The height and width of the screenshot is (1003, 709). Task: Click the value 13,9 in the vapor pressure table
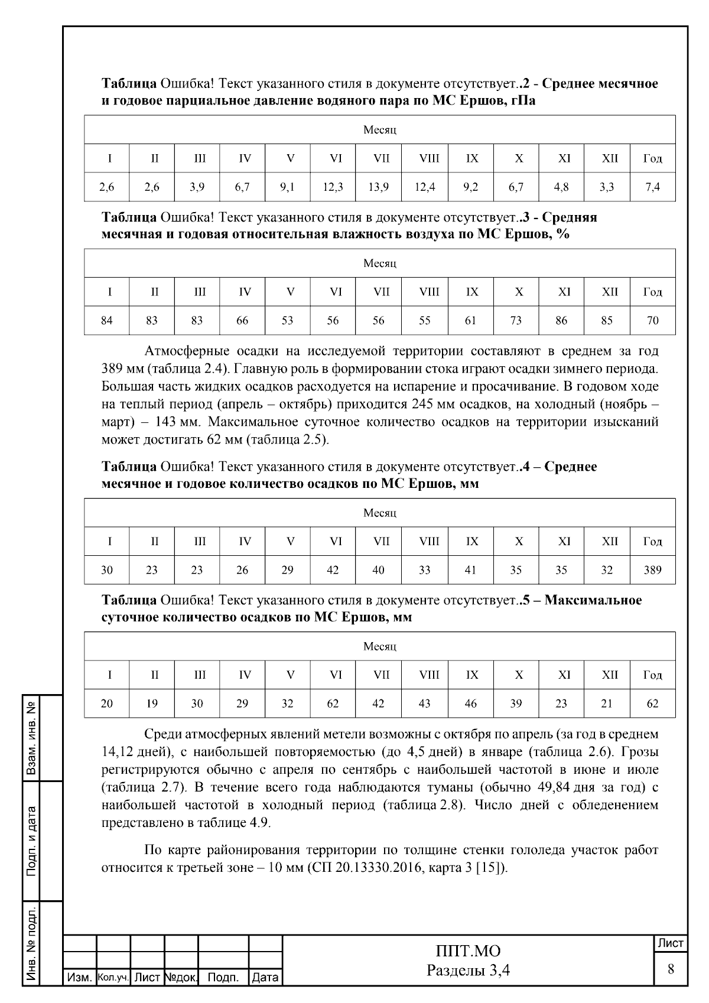[378, 187]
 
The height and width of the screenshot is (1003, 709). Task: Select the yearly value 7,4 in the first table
[652, 187]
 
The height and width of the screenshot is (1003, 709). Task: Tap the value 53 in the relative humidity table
[287, 321]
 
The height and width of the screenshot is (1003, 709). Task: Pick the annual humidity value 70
[652, 321]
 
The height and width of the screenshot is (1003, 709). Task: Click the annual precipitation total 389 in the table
[652, 570]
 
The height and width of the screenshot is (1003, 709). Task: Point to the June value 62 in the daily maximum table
[333, 704]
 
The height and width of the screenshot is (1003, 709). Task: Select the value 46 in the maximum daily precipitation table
[471, 704]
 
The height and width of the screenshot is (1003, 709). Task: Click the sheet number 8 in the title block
[671, 969]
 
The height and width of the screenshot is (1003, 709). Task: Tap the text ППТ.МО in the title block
[468, 951]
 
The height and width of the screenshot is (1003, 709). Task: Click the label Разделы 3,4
[468, 970]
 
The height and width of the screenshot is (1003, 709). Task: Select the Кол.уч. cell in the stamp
[113, 978]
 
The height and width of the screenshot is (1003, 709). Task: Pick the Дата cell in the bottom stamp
[265, 978]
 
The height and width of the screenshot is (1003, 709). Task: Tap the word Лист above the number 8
[671, 943]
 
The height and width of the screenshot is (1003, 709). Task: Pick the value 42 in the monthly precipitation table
[333, 570]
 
